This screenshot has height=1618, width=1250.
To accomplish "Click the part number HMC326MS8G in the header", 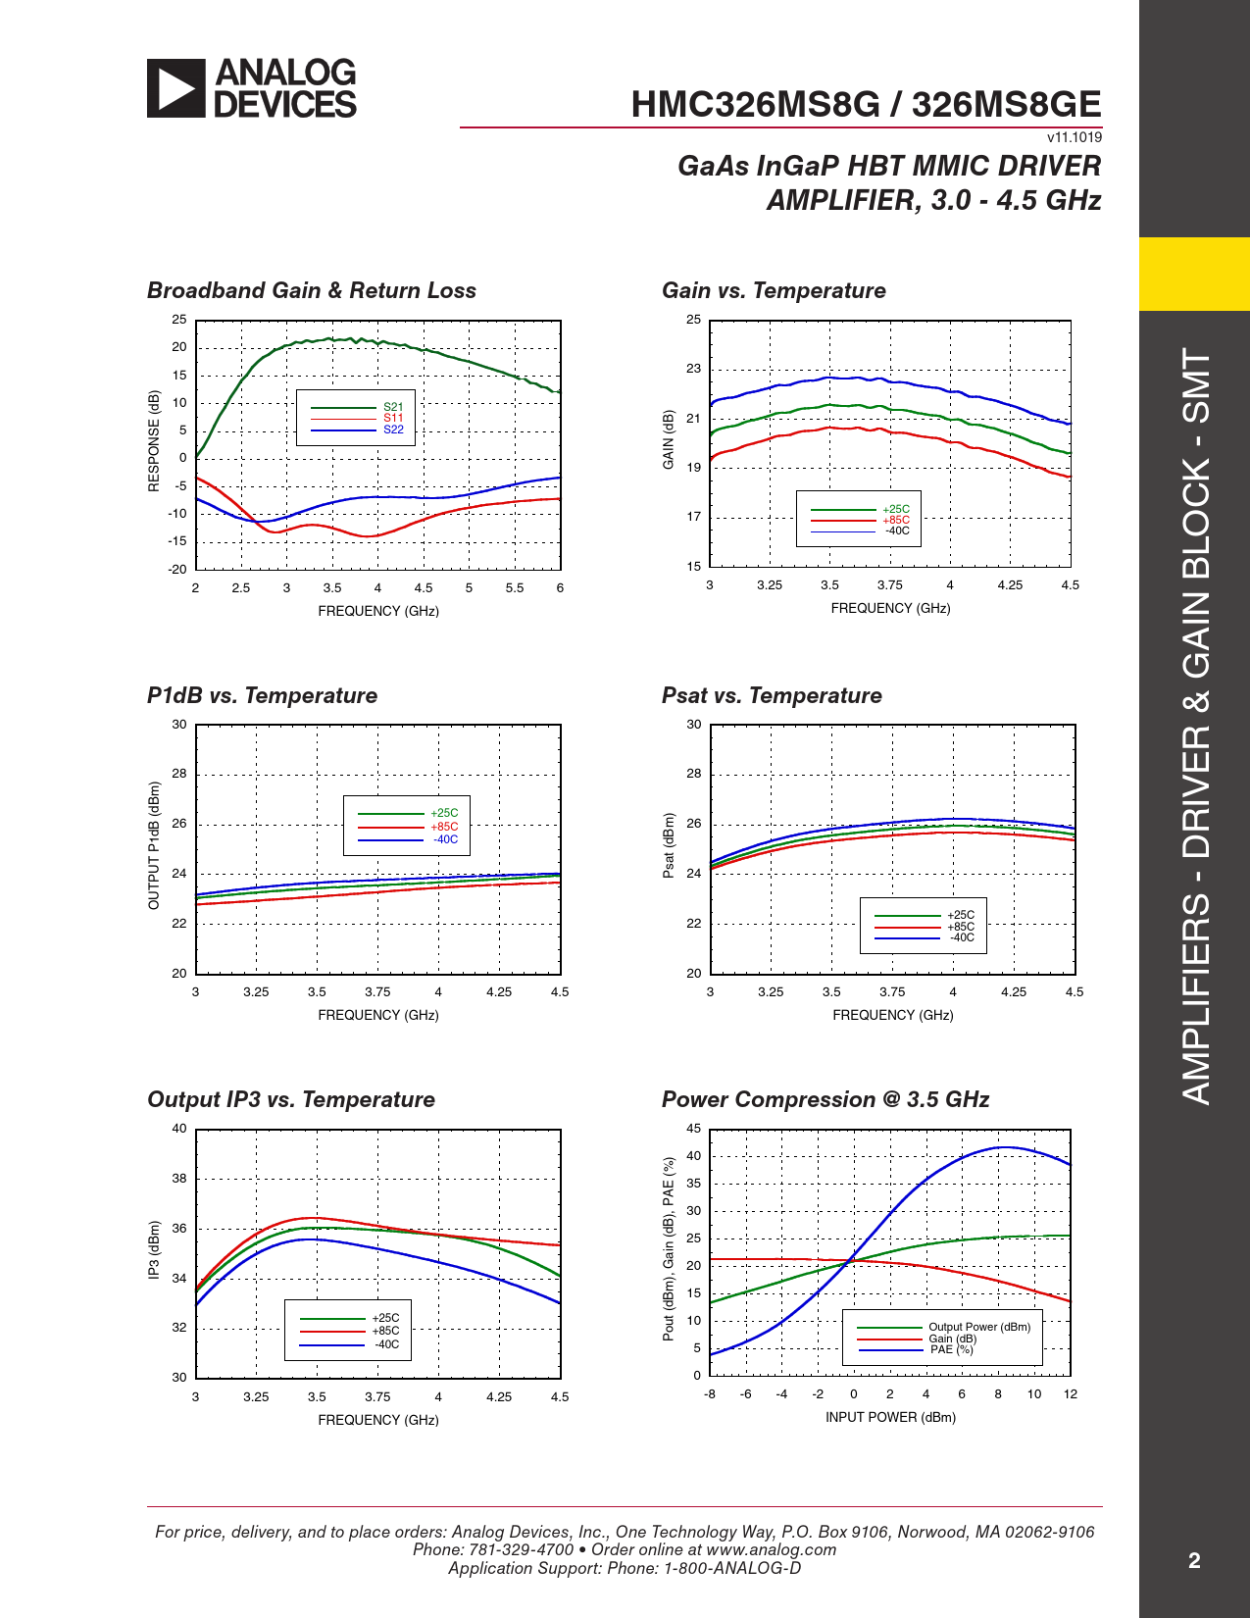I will click(755, 105).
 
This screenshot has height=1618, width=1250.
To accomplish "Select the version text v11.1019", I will click(1075, 138).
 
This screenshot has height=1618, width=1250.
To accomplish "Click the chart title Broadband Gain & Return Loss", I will click(312, 291).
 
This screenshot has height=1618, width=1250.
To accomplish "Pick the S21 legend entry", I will click(393, 407).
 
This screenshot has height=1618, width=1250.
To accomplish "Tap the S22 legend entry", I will click(393, 430).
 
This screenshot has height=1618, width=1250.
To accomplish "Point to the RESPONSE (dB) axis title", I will click(154, 441).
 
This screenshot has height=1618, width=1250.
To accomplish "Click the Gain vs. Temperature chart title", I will click(774, 291).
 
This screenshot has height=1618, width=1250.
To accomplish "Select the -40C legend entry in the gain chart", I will click(897, 531).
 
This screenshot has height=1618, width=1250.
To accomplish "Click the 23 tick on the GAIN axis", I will click(694, 369).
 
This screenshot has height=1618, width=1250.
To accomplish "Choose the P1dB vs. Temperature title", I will click(262, 696).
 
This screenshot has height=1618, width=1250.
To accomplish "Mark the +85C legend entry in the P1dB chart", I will click(444, 827).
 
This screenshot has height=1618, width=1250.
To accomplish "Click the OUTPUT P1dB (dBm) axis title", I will click(154, 845).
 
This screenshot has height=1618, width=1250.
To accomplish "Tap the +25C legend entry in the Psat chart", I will click(961, 915).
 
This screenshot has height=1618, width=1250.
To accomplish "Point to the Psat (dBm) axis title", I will click(669, 845).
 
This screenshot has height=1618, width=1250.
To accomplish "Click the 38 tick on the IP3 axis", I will click(179, 1179).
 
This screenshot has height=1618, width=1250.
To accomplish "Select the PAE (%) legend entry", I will click(951, 1350).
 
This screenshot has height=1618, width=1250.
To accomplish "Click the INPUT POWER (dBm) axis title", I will click(890, 1418).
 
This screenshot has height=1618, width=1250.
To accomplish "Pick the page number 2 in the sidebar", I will click(1194, 1561).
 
